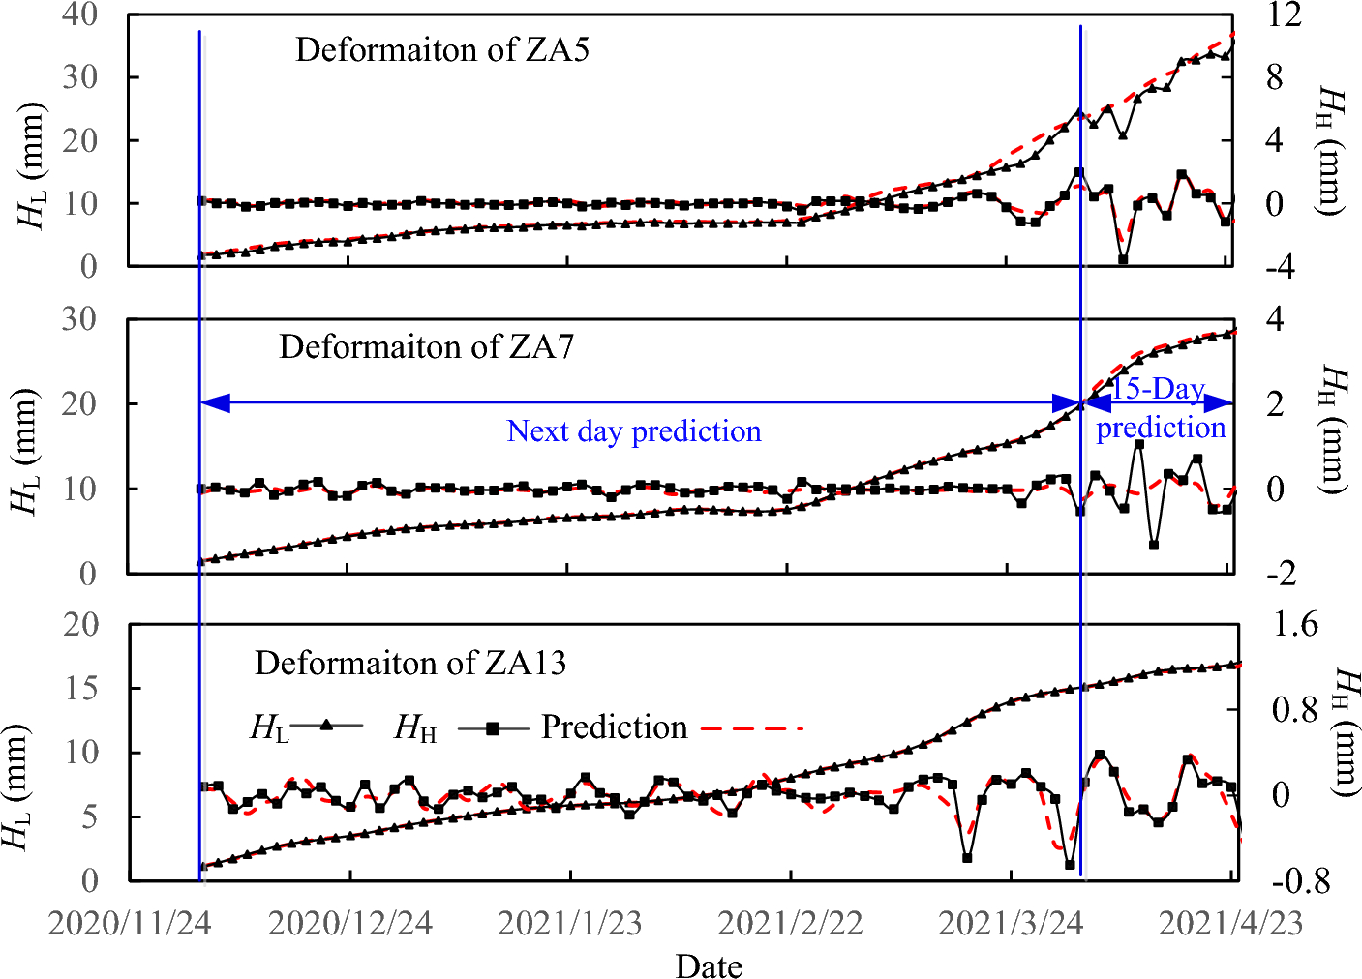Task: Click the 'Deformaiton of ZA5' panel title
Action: [x=441, y=49]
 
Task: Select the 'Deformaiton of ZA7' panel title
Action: [x=426, y=346]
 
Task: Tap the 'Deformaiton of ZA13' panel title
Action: [x=409, y=663]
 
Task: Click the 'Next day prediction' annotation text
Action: [x=634, y=431]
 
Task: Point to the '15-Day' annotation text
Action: [x=1158, y=388]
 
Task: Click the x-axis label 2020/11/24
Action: [x=130, y=923]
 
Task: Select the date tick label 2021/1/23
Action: [x=569, y=923]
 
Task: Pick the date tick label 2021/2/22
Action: [x=790, y=923]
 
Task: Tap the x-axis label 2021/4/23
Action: [x=1230, y=923]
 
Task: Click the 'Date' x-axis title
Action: [x=709, y=965]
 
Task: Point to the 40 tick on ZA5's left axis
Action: [x=79, y=15]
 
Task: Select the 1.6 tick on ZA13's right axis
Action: [x=1295, y=625]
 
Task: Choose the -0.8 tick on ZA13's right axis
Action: [x=1299, y=881]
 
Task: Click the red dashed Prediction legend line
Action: [x=751, y=727]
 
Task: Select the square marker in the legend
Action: [x=493, y=727]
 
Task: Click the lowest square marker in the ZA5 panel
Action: [x=1123, y=259]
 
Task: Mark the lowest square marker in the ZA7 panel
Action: [x=1154, y=546]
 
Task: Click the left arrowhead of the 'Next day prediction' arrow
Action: [x=214, y=402]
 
